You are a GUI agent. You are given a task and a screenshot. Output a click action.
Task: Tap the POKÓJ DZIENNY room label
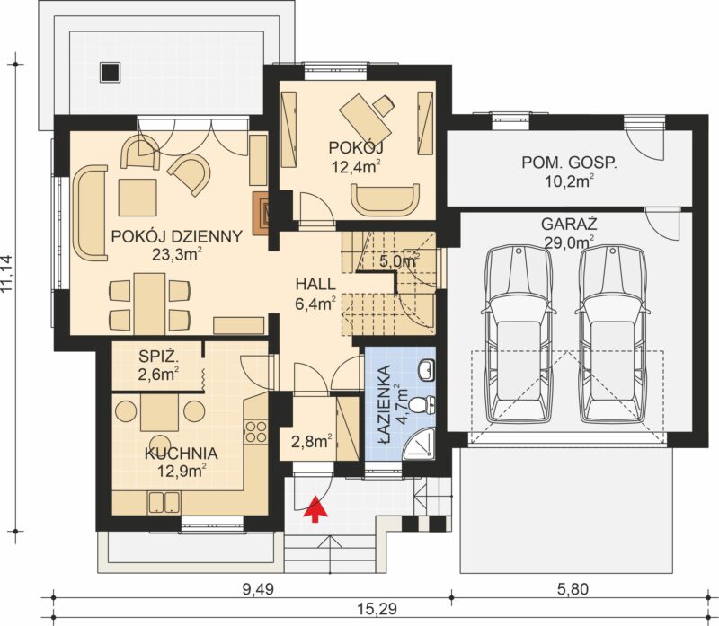pyautogui.click(x=177, y=236)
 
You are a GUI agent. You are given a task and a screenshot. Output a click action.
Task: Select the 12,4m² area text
pyautogui.click(x=357, y=167)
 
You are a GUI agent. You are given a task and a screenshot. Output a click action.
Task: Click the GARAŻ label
pyautogui.click(x=569, y=225)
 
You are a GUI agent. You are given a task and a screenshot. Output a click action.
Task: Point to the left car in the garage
pyautogui.click(x=519, y=334)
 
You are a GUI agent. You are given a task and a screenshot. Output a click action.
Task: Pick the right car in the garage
pyautogui.click(x=613, y=334)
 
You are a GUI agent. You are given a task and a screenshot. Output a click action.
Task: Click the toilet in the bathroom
pyautogui.click(x=422, y=404)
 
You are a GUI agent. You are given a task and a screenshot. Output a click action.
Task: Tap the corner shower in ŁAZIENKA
pyautogui.click(x=418, y=444)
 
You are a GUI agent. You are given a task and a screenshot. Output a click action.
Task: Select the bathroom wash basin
pyautogui.click(x=426, y=369)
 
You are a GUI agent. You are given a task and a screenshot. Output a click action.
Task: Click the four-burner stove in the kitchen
pyautogui.click(x=256, y=432)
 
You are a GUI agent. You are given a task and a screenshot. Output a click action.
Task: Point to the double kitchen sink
pyautogui.click(x=164, y=502)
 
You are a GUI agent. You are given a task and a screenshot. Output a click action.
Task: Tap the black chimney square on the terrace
pyautogui.click(x=110, y=72)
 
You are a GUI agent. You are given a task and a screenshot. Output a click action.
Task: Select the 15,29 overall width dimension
pyautogui.click(x=376, y=609)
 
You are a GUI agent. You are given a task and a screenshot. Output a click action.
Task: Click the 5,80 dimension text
pyautogui.click(x=573, y=588)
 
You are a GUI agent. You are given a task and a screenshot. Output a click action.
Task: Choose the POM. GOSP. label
pyautogui.click(x=569, y=163)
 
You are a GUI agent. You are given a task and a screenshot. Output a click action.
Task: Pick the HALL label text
pyautogui.click(x=315, y=284)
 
